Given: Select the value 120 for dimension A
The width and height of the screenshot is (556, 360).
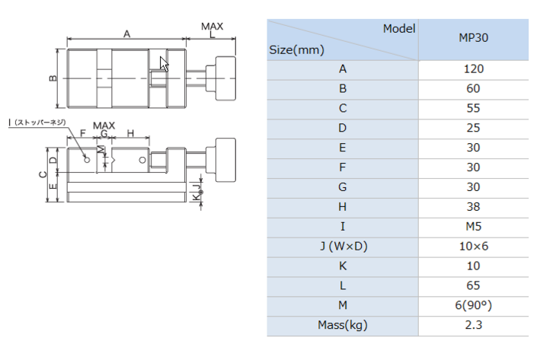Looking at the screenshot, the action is [x=474, y=68].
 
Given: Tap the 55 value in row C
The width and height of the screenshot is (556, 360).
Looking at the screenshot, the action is [x=474, y=108].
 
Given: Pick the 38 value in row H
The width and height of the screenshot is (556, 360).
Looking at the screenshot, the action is [x=474, y=206].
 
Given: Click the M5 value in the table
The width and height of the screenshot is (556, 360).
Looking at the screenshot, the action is [x=474, y=226].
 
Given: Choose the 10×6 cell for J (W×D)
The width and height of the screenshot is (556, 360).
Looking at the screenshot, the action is [x=474, y=246].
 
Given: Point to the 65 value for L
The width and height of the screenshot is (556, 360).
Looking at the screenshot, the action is [x=474, y=285].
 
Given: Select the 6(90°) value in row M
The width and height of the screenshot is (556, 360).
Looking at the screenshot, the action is [x=474, y=305].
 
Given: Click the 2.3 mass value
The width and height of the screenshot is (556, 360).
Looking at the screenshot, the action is [x=474, y=325].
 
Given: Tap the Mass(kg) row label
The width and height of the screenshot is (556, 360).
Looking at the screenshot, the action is [x=343, y=325].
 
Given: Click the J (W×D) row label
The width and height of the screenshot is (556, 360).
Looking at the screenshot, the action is [x=344, y=246].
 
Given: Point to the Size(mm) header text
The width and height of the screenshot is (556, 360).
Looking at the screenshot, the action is [x=296, y=50].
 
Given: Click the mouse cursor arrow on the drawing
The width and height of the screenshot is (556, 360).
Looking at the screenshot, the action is [x=164, y=64].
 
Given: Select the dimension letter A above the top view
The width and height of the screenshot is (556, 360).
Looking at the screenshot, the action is [x=126, y=34].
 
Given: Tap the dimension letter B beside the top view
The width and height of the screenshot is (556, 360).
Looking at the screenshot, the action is [x=53, y=78].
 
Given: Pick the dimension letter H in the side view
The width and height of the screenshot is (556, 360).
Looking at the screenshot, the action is [x=130, y=133].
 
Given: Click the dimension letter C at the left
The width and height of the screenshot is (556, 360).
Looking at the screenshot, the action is [x=43, y=174].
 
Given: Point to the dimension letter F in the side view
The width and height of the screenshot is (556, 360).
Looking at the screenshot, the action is [x=82, y=133].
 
